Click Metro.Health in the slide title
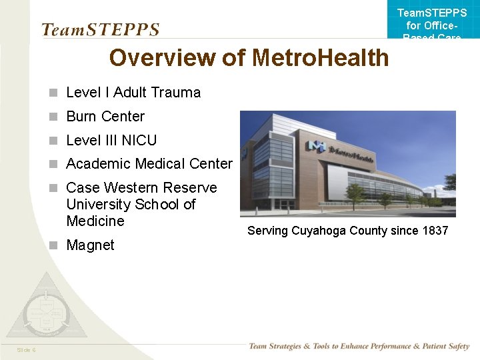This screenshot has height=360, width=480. (321, 58)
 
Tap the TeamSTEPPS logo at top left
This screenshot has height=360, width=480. (100, 29)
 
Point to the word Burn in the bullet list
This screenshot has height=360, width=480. (81, 116)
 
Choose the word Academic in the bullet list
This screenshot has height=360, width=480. (98, 163)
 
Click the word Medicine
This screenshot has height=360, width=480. (95, 221)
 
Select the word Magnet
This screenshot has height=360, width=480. (90, 245)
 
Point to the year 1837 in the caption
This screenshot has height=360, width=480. (434, 231)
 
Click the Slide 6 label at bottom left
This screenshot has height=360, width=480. (27, 350)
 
